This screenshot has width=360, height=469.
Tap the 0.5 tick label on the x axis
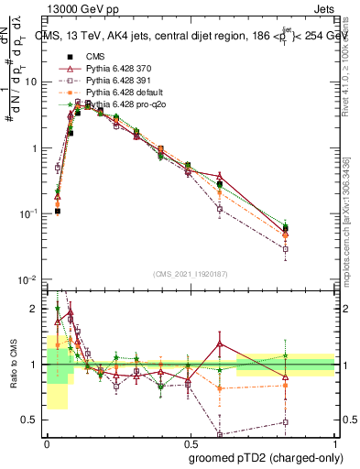point(190,442)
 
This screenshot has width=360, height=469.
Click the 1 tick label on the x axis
point(333,442)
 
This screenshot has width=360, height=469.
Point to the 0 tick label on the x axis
point(47,442)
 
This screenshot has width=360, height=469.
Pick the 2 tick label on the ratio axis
point(36,309)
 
